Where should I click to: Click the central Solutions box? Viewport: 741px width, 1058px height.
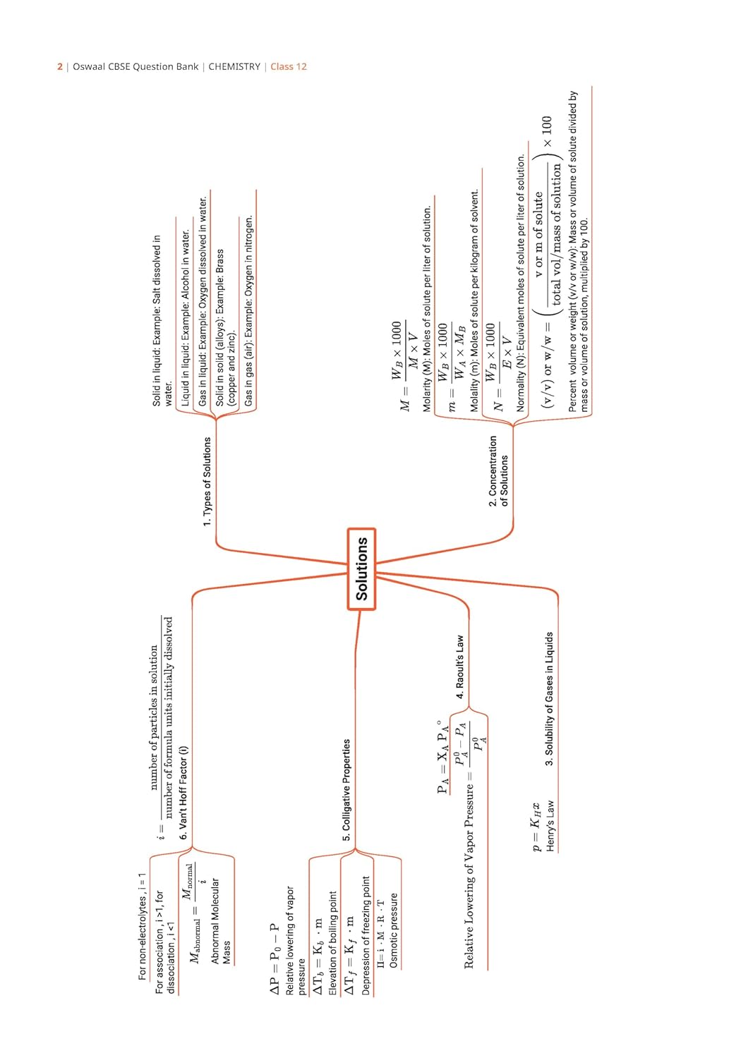361,568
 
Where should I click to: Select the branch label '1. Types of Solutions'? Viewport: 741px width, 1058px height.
207,482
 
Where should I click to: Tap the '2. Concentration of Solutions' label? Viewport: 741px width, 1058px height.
498,470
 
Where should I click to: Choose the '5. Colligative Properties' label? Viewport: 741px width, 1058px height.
347,789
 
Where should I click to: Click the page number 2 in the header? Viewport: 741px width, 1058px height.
60,66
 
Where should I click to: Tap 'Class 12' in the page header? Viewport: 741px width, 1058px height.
289,66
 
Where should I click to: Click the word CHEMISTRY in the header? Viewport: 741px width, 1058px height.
234,66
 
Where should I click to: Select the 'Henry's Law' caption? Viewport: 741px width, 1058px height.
550,825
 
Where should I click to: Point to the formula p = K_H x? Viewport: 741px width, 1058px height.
535,825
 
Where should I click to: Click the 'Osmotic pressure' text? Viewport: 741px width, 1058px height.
394,930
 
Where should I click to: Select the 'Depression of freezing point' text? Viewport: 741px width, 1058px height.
366,935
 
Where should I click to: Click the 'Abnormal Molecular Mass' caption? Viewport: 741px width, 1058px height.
221,920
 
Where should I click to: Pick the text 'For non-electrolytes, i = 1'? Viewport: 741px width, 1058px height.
142,926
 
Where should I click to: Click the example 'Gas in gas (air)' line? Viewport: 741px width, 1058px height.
248,310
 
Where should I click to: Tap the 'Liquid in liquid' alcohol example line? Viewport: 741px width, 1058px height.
186,317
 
